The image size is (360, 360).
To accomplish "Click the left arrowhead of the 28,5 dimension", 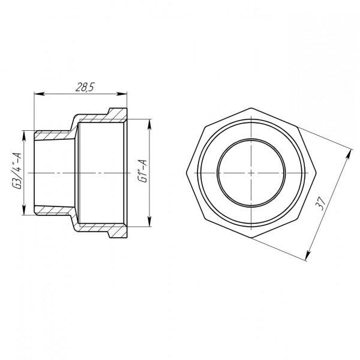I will (37, 93).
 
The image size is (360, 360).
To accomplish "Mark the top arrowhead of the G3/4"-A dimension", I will (24, 133).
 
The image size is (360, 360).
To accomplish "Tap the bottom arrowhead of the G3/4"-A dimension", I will (24, 213).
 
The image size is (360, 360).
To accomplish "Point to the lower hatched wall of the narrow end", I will (54, 210).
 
